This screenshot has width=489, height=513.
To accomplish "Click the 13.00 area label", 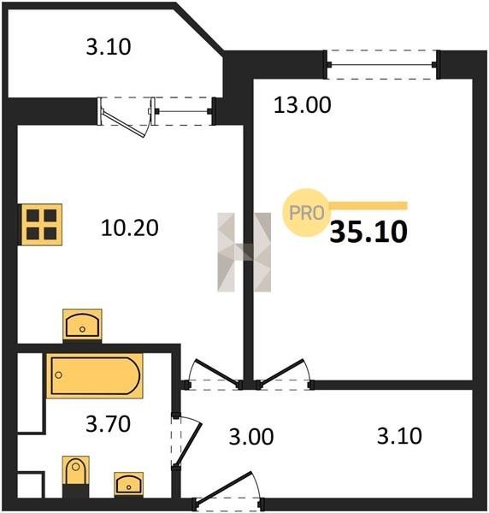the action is [x=303, y=105].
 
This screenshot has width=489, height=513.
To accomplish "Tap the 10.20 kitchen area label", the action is [x=130, y=227].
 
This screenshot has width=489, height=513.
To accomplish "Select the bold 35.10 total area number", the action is [x=368, y=232].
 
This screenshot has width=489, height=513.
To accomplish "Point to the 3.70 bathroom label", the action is [x=108, y=424].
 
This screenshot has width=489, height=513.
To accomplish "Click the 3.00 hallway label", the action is [x=250, y=436].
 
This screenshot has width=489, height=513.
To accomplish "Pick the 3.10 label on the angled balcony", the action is [x=109, y=47].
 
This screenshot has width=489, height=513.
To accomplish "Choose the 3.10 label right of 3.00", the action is [x=399, y=436].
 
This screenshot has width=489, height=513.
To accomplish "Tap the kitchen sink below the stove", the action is [x=82, y=325].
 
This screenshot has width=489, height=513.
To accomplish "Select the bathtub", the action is [x=95, y=375].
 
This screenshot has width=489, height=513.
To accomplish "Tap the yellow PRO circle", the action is [x=306, y=212].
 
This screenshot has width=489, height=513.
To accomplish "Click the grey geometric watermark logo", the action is [x=244, y=252].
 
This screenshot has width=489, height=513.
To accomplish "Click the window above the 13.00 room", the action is [x=382, y=64].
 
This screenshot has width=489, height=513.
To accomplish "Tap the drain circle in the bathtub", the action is [x=58, y=375].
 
